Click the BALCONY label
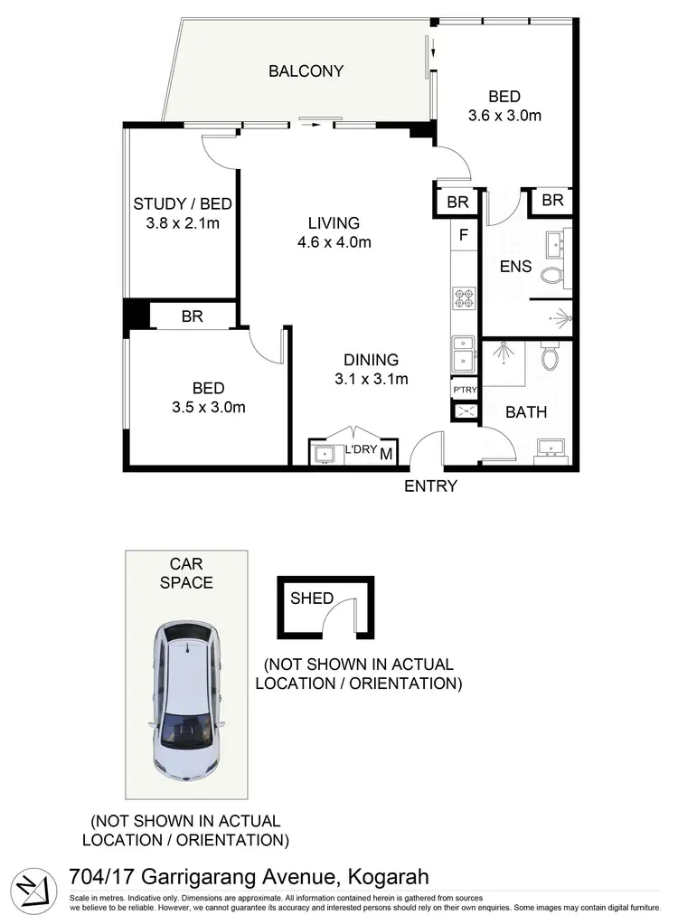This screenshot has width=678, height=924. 306,71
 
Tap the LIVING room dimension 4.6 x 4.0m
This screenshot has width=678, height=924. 334,242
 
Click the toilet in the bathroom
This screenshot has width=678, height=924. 550,357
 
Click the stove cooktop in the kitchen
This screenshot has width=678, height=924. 464,298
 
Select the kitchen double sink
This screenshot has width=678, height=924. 464,354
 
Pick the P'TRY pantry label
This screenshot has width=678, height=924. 464,389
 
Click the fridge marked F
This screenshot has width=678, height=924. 464,235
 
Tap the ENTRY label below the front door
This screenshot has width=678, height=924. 430,486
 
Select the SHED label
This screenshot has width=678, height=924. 312,598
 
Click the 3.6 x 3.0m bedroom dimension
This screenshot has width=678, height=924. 504,115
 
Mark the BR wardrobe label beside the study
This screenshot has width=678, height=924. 192,316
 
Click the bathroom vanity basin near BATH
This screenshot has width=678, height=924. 550,448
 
